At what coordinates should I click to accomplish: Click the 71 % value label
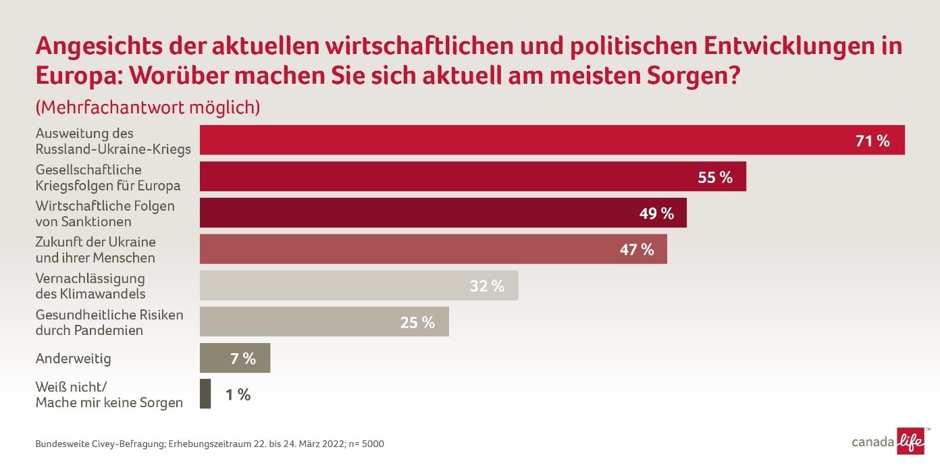(x=872, y=141)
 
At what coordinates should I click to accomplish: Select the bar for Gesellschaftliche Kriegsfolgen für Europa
(x=473, y=176)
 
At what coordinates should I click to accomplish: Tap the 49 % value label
(x=656, y=213)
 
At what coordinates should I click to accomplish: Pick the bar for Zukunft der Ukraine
(x=433, y=249)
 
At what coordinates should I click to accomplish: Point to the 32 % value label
(x=487, y=286)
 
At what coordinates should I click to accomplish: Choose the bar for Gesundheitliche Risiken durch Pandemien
(x=324, y=322)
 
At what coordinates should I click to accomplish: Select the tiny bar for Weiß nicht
(x=205, y=394)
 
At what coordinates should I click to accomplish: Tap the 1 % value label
(x=238, y=395)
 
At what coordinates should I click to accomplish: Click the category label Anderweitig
(x=73, y=359)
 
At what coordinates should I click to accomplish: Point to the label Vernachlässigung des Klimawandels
(x=90, y=286)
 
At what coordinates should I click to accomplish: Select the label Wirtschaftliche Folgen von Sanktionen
(x=105, y=213)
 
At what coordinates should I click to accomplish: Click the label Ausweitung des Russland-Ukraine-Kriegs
(x=113, y=141)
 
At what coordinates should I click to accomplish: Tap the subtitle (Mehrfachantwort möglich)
(x=148, y=107)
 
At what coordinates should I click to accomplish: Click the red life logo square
(x=910, y=442)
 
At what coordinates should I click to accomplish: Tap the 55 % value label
(x=715, y=178)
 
